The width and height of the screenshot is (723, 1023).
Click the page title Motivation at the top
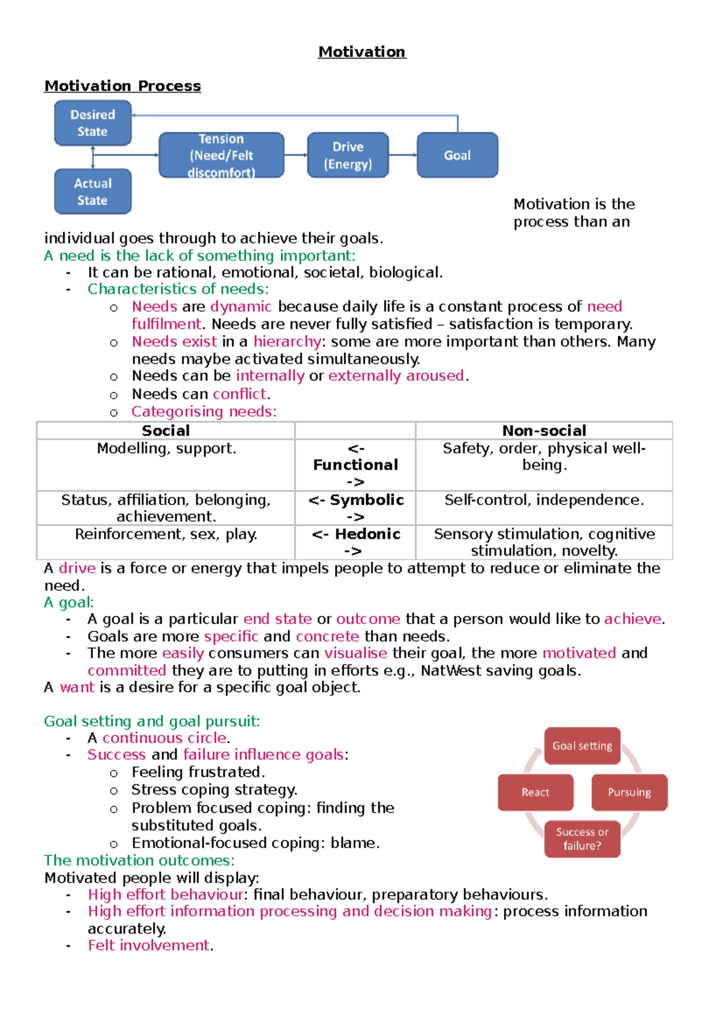362,52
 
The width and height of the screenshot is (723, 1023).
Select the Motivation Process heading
122,86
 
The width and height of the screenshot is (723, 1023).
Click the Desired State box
93,123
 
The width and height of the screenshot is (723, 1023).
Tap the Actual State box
93,192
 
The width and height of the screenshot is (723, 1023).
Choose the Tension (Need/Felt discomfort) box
221,155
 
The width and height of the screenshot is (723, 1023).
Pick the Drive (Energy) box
348,155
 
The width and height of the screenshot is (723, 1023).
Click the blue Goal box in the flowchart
457,155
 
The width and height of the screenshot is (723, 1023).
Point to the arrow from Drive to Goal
402,155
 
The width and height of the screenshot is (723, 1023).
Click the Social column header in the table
166,431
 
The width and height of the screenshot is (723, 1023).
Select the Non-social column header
544,431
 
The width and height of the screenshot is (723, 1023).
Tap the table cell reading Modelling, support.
166,449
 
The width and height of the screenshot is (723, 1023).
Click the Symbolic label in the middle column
366,500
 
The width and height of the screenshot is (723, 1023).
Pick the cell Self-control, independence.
544,500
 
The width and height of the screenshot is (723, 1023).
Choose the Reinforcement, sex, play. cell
166,534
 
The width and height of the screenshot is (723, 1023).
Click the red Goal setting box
582,746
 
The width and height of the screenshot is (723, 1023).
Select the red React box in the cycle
535,792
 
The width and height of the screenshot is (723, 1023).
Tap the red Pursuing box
629,792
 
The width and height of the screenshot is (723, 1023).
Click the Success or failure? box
582,839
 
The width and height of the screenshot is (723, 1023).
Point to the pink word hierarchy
287,342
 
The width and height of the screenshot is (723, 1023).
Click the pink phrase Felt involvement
149,945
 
